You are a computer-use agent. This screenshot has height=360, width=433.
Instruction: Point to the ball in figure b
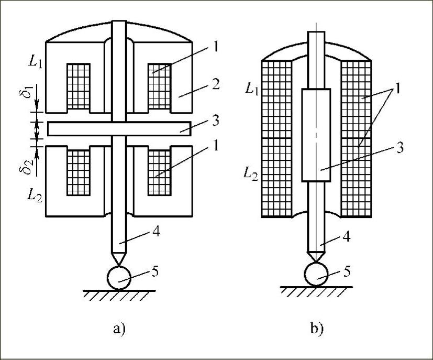(x=316, y=274)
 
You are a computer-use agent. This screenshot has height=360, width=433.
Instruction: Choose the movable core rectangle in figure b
(x=316, y=135)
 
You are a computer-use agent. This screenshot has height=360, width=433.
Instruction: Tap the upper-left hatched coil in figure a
(x=78, y=86)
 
